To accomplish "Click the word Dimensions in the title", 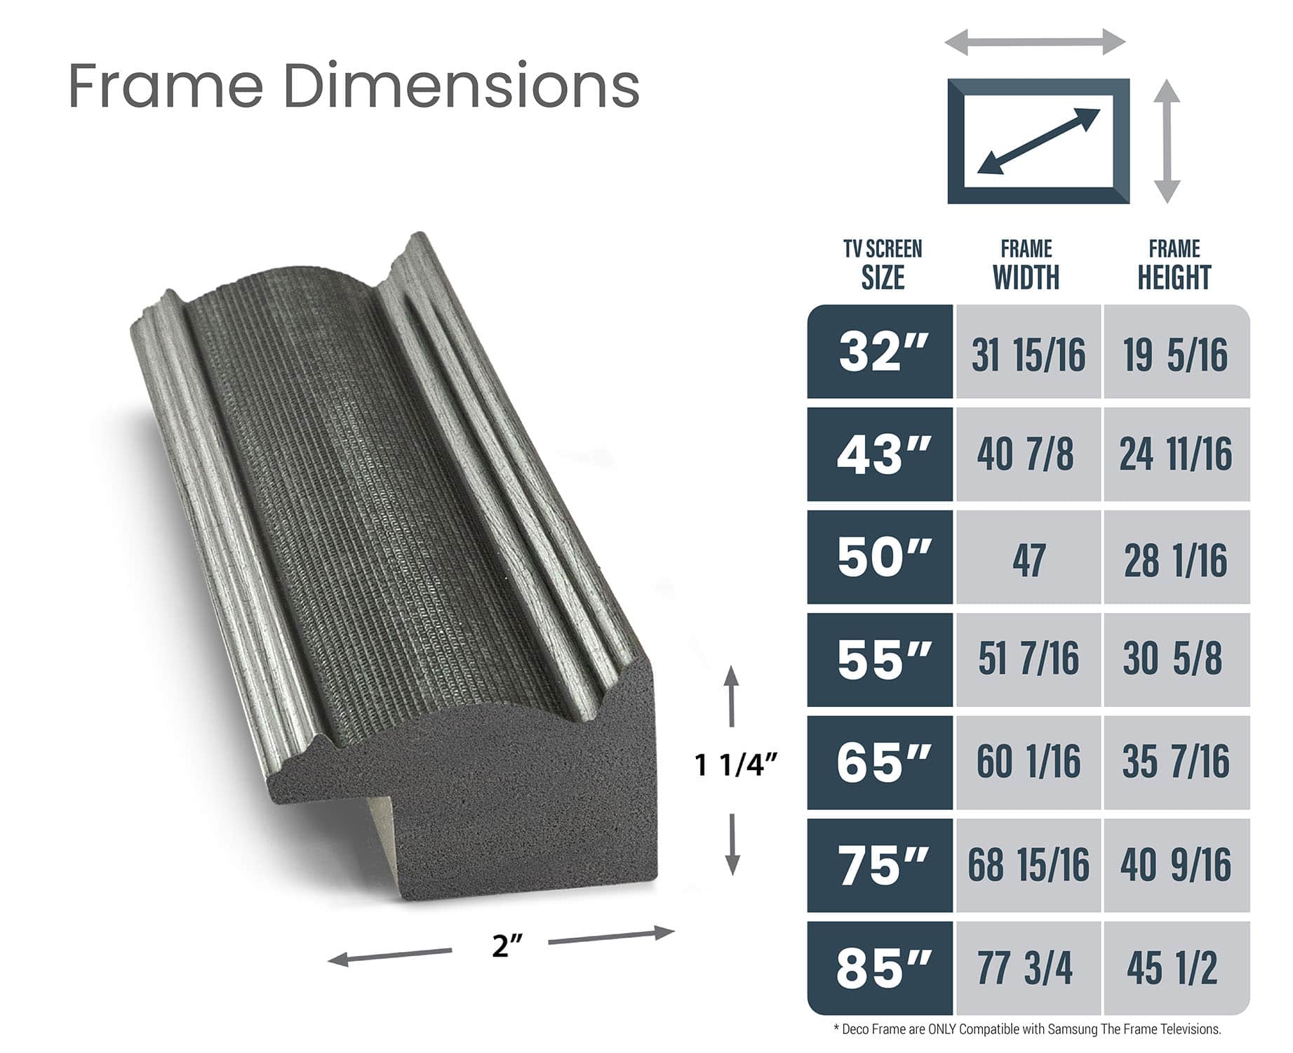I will [x=461, y=86].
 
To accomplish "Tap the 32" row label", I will [x=881, y=352].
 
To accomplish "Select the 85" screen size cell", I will [x=881, y=968].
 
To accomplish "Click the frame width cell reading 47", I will [x=1028, y=559].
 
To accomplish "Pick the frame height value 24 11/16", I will [x=1175, y=454].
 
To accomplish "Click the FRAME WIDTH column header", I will [x=1026, y=265].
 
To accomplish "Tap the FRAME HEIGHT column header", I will [x=1174, y=265].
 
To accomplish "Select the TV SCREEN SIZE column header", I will [x=882, y=265].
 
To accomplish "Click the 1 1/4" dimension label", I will [x=735, y=765].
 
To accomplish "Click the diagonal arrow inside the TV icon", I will [x=1038, y=141].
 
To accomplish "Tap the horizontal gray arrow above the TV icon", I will [x=1035, y=42].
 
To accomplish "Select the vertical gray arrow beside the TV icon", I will [x=1167, y=141].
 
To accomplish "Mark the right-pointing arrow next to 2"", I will [x=610, y=936].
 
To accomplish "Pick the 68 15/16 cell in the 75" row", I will [x=1028, y=865].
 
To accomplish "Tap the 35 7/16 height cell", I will [x=1175, y=762].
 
